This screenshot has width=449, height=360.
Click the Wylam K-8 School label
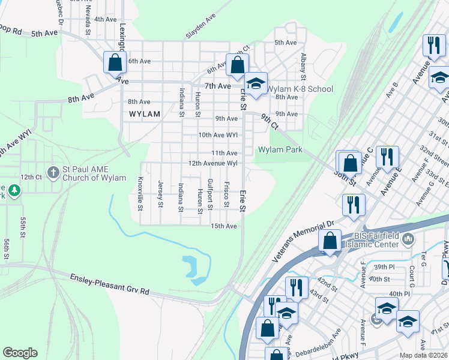(300, 89)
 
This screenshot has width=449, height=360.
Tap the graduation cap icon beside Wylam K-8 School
(256, 84)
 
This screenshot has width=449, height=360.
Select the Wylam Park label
(280, 149)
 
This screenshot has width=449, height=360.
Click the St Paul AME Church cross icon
(53, 172)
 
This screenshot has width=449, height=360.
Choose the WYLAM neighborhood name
(145, 113)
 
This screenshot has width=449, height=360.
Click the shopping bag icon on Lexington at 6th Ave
(115, 62)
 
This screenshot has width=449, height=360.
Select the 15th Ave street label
(223, 226)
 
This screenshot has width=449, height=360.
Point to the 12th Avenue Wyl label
(213, 163)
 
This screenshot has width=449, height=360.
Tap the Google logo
(20, 353)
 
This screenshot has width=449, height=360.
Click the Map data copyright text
(424, 355)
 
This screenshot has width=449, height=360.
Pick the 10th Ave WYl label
(218, 135)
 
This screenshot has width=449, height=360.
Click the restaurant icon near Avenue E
(387, 157)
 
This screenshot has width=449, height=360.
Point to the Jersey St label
(160, 194)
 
